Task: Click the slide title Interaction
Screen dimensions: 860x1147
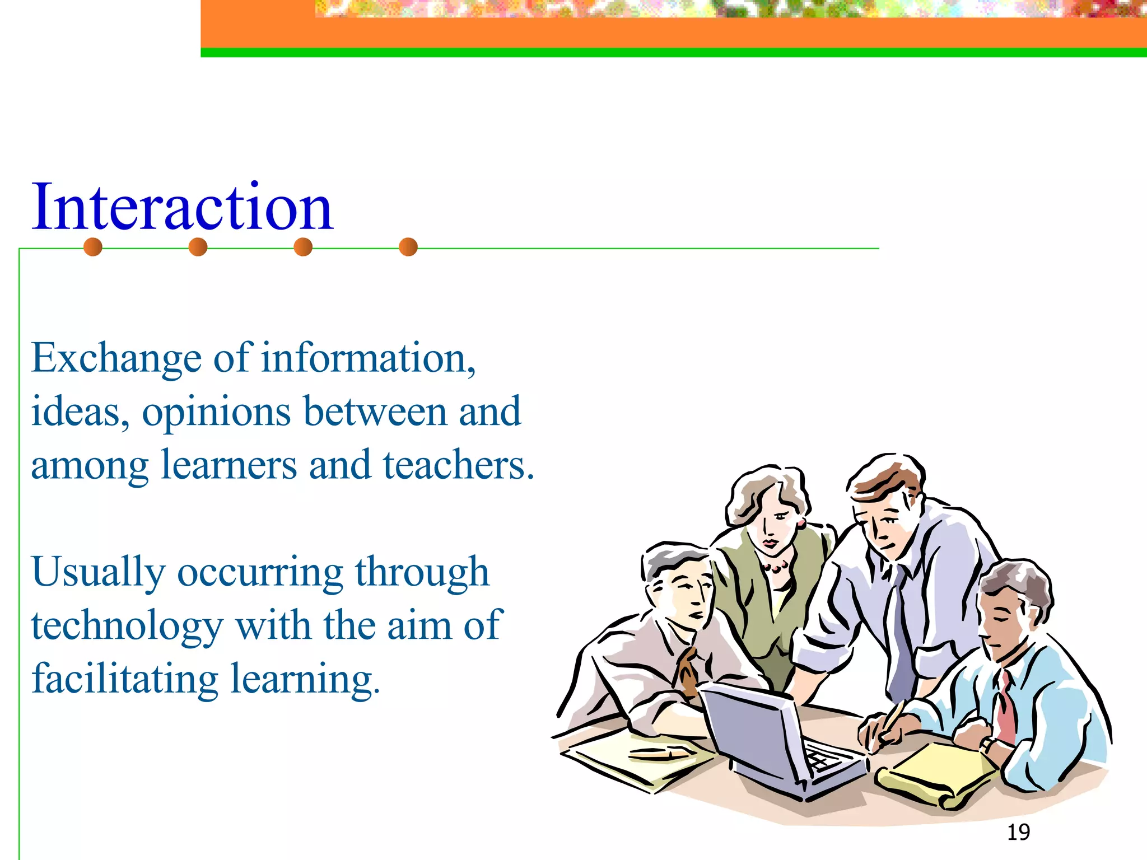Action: click(182, 207)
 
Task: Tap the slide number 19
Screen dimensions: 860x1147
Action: click(1018, 833)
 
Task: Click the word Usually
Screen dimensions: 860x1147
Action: click(98, 572)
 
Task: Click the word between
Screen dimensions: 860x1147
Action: click(374, 412)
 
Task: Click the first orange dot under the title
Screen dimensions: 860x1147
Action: click(93, 247)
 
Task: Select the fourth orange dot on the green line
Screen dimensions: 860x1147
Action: click(408, 247)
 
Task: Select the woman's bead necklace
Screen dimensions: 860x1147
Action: click(776, 567)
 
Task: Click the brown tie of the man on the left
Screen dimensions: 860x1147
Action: click(687, 672)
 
